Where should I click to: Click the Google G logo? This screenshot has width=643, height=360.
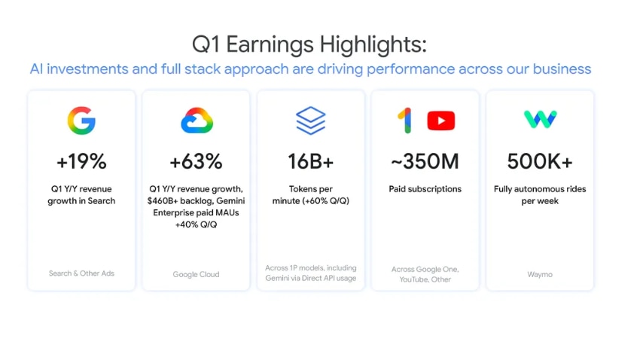click(81, 121)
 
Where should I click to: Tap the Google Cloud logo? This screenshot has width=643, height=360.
click(197, 121)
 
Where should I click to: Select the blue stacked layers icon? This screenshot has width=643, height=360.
click(311, 121)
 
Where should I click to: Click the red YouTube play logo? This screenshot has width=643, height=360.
click(440, 121)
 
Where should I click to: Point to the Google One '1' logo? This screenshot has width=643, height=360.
click(405, 121)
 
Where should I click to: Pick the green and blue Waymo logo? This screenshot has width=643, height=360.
click(540, 119)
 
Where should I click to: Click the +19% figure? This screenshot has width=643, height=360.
click(81, 161)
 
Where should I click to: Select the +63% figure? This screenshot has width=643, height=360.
click(196, 161)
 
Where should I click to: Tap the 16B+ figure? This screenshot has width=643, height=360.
click(310, 161)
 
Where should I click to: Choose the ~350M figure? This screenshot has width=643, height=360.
click(425, 161)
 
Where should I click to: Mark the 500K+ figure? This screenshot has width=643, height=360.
click(540, 161)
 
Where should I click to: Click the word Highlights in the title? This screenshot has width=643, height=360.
click(373, 44)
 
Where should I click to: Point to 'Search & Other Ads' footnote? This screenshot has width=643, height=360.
click(81, 273)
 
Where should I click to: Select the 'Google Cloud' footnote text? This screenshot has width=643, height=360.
click(196, 274)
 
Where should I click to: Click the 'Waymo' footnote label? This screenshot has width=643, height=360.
click(540, 274)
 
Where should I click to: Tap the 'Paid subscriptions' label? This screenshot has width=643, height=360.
click(425, 189)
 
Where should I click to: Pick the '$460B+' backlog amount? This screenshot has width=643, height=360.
click(163, 201)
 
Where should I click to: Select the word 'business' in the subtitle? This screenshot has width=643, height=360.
click(562, 69)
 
